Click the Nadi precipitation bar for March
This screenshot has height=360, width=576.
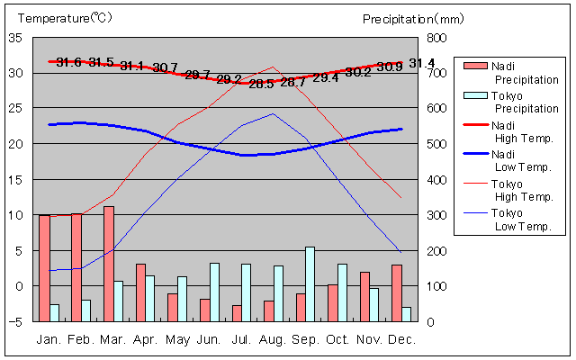click(109, 264)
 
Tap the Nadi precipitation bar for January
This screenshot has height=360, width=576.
click(44, 268)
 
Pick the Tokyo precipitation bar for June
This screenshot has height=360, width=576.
click(214, 292)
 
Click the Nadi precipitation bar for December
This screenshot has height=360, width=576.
click(397, 293)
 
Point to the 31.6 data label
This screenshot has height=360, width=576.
click(68, 62)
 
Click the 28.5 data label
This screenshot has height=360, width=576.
click(261, 84)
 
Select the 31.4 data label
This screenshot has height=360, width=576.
click(421, 63)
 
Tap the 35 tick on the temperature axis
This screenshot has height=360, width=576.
click(15, 38)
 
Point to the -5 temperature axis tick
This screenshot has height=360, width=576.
click(15, 321)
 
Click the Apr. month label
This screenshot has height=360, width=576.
click(146, 339)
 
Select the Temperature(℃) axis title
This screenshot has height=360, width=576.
click(66, 18)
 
